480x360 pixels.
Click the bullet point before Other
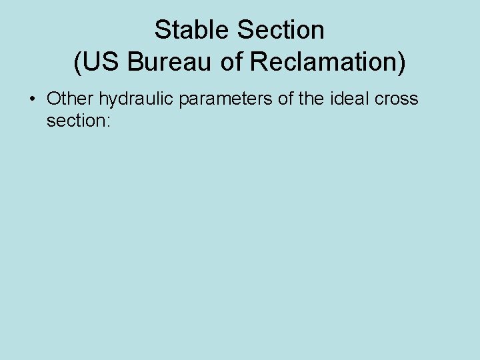click(32, 99)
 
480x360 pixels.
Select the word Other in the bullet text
click(71, 99)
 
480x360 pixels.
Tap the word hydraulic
click(136, 99)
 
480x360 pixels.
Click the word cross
click(397, 99)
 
